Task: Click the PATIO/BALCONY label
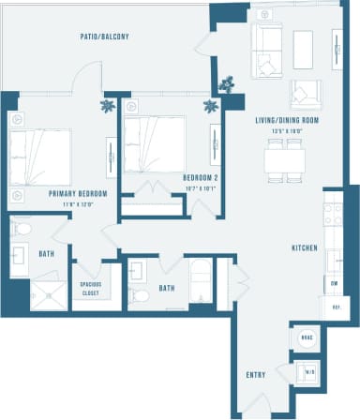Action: pos(104,37)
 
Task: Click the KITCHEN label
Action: pos(303,247)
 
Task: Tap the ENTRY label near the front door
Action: pos(255,375)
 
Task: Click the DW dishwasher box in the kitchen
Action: pos(333,281)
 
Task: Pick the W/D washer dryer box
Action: pos(307,372)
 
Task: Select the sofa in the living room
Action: pos(267,52)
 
